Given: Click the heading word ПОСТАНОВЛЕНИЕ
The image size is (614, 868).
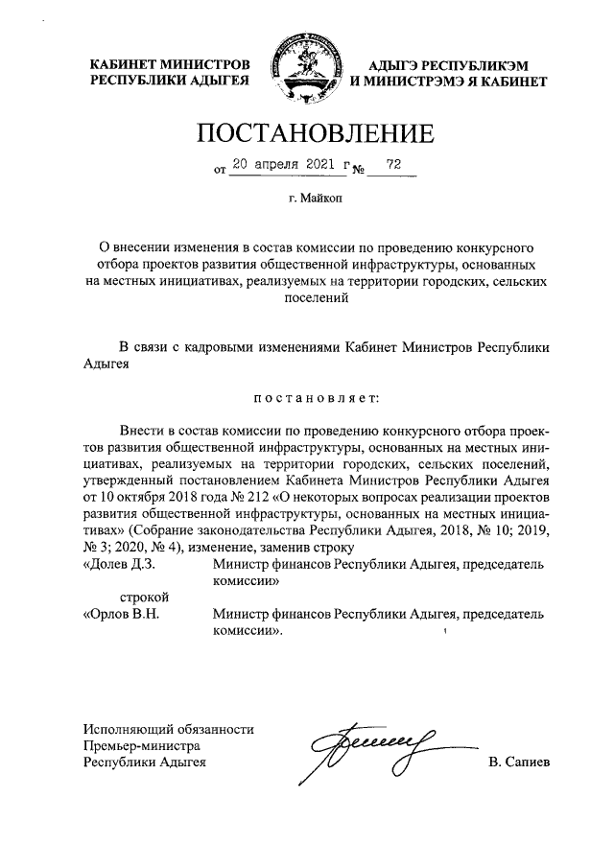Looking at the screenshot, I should tap(306, 132).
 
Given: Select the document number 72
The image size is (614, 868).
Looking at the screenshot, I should tap(391, 164).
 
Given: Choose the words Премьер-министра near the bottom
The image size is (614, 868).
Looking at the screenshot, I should tap(141, 745).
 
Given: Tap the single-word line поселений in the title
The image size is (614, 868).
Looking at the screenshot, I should tap(306, 297).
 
